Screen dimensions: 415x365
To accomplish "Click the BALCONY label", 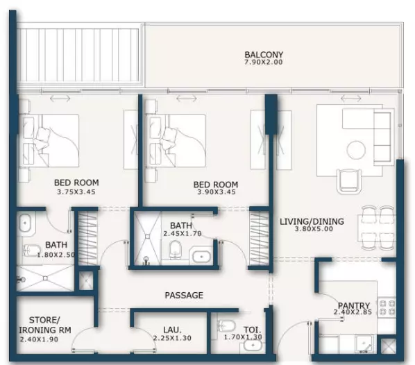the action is click(264, 55).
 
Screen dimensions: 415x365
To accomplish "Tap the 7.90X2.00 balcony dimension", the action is click(263, 62).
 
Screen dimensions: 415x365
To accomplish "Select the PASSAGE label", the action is click(184, 295).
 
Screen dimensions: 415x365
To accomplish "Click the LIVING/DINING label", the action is click(312, 221).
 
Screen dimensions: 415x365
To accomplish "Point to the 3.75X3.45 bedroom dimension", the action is click(76, 192).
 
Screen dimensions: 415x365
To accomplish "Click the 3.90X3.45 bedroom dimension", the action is click(217, 192).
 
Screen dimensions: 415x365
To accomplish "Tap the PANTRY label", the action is click(354, 306).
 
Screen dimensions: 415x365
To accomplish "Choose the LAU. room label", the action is click(172, 330).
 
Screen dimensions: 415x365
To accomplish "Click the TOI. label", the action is click(252, 330).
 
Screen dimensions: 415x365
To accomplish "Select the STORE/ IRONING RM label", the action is click(45, 325).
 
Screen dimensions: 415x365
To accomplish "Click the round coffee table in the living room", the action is click(356, 150).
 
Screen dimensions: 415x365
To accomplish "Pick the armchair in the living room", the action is click(349, 181).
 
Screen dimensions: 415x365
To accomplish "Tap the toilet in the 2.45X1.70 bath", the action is click(175, 249).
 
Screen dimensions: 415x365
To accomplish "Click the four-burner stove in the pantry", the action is click(387, 307).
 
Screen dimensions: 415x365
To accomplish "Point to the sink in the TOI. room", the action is click(253, 346).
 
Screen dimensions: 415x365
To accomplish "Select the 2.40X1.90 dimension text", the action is click(39, 339).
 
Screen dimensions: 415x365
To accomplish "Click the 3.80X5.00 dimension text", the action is click(314, 229).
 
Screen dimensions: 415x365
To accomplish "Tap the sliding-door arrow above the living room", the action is click(351, 99).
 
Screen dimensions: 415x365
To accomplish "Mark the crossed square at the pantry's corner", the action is click(389, 346).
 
